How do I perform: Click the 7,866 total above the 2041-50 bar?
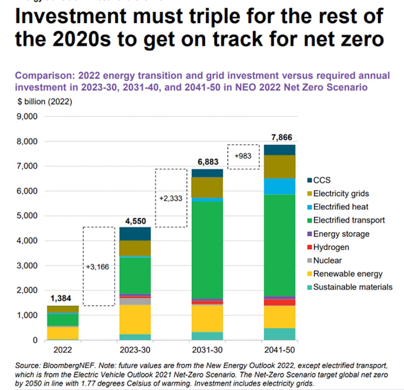pyautogui.click(x=280, y=137)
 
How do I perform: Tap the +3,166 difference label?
pyautogui.click(x=98, y=267)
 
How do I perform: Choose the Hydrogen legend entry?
pyautogui.click(x=331, y=247)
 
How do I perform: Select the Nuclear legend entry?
pyautogui.click(x=327, y=260)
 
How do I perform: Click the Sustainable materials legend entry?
pyautogui.click(x=352, y=287)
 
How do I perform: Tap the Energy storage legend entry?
pyautogui.click(x=341, y=234)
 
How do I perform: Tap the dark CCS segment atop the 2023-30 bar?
pyautogui.click(x=135, y=234)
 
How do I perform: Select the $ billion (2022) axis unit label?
pyautogui.click(x=44, y=102)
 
